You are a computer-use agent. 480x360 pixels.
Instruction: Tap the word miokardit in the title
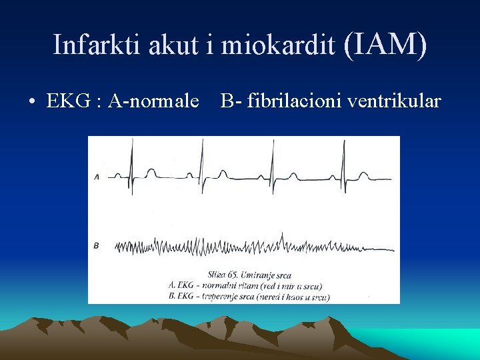point(279,45)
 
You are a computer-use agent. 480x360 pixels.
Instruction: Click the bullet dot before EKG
point(32,102)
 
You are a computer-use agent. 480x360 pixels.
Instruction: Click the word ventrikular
point(398,101)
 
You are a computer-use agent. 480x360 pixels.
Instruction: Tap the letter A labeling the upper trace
point(97,177)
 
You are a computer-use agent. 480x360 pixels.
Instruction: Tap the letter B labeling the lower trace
point(97,246)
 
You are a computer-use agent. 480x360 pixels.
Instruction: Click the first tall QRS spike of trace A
point(132,163)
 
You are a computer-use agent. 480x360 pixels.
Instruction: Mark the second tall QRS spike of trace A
point(202,163)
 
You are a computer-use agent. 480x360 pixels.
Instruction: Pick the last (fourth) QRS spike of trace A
point(343,163)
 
